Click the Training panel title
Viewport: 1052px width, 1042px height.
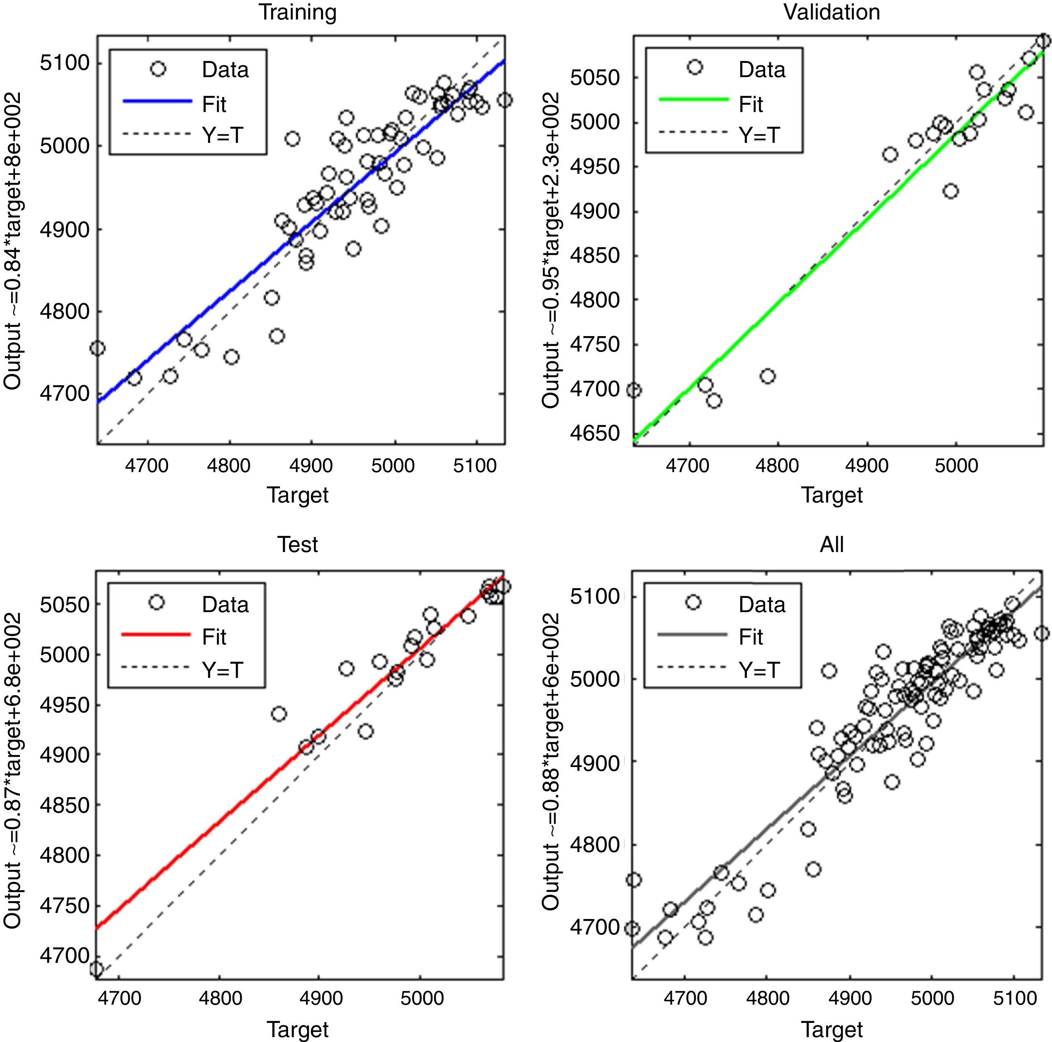click(297, 12)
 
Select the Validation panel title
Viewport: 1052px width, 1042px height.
click(831, 12)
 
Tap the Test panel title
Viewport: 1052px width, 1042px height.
click(297, 544)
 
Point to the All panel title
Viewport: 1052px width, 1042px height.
click(831, 544)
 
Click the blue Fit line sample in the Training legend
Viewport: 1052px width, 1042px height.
click(158, 101)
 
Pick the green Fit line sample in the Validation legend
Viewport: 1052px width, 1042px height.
click(694, 100)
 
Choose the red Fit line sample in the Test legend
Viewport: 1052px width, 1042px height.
click(156, 634)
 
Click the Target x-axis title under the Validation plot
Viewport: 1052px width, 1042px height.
click(831, 494)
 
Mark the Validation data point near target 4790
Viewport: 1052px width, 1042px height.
click(768, 376)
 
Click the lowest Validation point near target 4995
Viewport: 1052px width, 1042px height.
click(951, 191)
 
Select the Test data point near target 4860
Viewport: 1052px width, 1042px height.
click(279, 714)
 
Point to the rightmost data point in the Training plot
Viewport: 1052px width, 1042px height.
click(505, 100)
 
